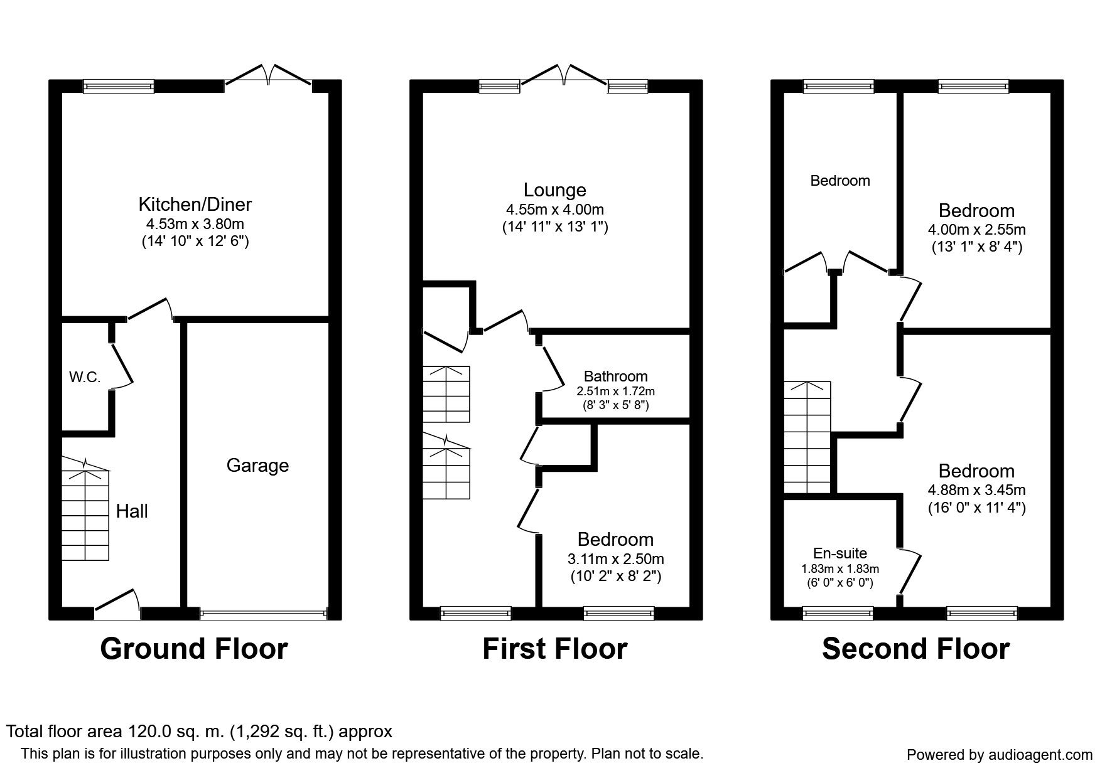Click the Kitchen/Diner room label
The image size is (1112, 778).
pos(195,204)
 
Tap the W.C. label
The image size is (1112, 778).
pos(85,377)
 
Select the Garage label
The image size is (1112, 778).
pos(257,466)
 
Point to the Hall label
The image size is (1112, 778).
pos(132,511)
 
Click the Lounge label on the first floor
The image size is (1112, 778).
pos(555,189)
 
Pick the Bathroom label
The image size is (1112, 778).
pos(615,376)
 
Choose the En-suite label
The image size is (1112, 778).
pos(840,553)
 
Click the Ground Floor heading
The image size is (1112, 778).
pos(194,649)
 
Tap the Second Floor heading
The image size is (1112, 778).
pos(916,649)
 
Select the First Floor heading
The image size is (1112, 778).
pos(555,649)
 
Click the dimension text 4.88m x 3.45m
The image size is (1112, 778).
pos(977,490)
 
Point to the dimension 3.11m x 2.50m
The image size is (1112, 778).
pos(616,558)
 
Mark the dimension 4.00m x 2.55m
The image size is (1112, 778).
pos(977,230)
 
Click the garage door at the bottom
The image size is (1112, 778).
pos(264,614)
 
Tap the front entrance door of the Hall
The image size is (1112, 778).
pos(117,606)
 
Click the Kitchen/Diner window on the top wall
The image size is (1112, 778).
pos(119,87)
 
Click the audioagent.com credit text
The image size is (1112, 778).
pos(1000,755)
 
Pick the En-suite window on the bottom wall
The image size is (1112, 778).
pos(838,614)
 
